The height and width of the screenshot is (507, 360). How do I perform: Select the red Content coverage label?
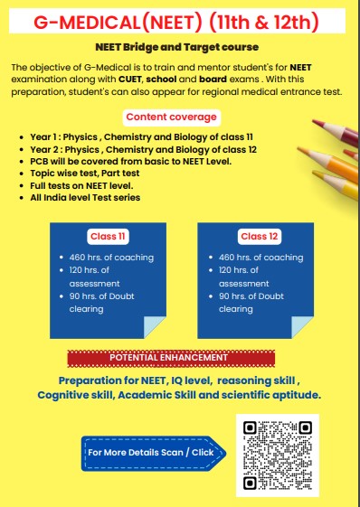(x=171, y=117)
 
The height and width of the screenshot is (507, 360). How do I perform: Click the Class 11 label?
(x=107, y=237)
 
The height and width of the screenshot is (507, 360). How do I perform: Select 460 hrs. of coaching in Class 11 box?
(x=110, y=258)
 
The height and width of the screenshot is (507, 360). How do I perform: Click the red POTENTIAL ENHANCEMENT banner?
(x=169, y=358)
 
